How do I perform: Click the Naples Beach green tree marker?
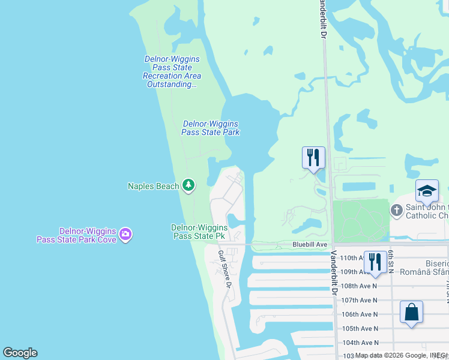[188, 185]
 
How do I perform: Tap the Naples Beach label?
[154, 186]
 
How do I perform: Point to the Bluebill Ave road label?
[310, 244]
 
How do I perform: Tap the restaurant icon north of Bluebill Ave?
[313, 158]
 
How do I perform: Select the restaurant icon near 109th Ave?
[375, 262]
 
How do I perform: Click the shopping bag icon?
[412, 312]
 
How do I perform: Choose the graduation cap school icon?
[427, 191]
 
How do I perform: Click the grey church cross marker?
[396, 210]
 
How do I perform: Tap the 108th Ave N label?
[358, 286]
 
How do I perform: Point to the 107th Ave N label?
[358, 300]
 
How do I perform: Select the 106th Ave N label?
[358, 314]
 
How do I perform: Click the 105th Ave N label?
[358, 328]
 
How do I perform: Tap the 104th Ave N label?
[358, 343]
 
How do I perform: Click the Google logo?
[20, 353]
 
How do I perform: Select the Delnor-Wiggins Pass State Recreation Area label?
[172, 72]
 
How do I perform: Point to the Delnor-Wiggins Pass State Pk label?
[199, 232]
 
